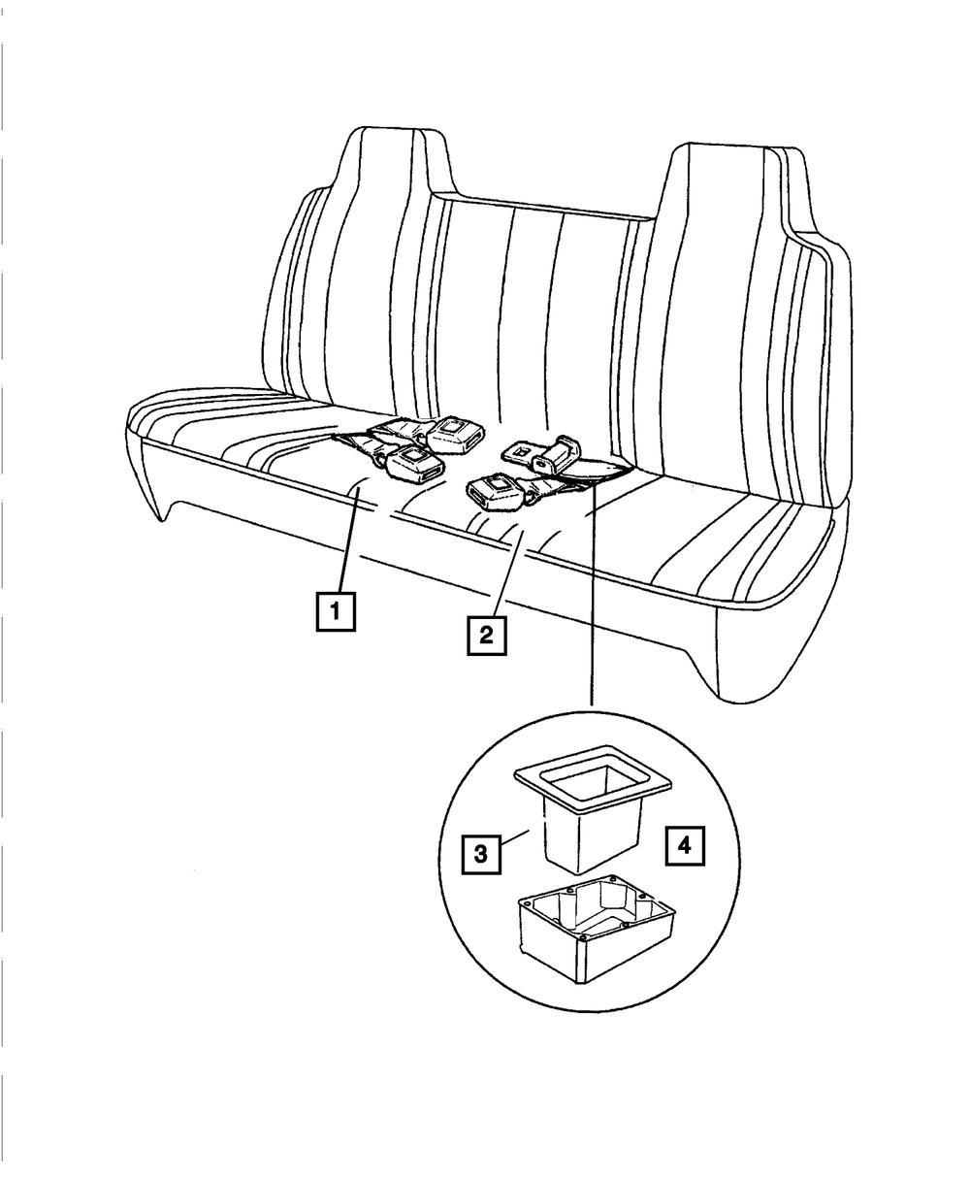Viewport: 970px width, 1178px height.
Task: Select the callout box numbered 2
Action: click(485, 636)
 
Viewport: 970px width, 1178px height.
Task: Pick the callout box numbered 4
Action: click(684, 846)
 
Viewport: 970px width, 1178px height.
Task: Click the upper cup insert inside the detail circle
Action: click(592, 815)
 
